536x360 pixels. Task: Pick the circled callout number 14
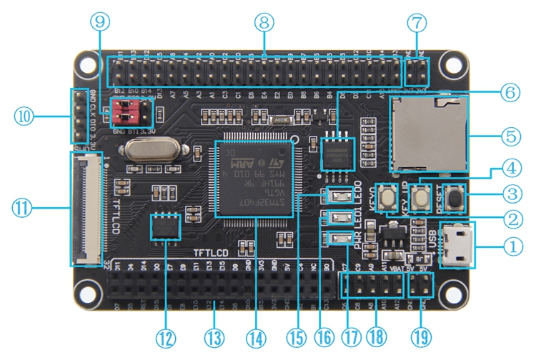point(254,336)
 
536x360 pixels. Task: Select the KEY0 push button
point(389,194)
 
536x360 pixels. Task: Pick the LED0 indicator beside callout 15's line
point(335,194)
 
